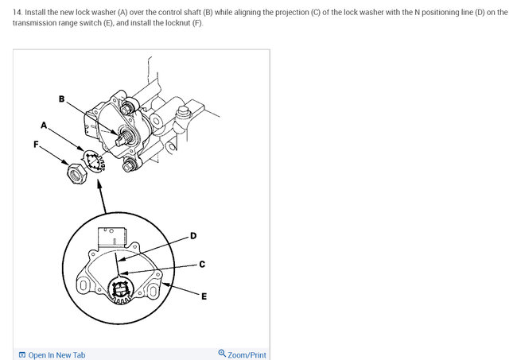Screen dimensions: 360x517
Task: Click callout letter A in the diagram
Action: [x=45, y=125]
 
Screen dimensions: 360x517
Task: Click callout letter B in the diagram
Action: [x=62, y=99]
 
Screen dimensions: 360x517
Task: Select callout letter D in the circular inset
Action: [x=193, y=236]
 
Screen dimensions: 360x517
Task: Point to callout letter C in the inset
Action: [x=202, y=265]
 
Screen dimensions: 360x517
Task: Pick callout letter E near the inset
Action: [x=204, y=296]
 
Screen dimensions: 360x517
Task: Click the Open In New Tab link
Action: [x=56, y=355]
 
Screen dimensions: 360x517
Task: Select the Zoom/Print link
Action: [x=247, y=355]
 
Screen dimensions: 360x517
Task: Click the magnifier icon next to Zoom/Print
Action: [x=222, y=354]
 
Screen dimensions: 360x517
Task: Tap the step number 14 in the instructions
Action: [x=17, y=13]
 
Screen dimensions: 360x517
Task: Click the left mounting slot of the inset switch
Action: [x=83, y=285]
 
